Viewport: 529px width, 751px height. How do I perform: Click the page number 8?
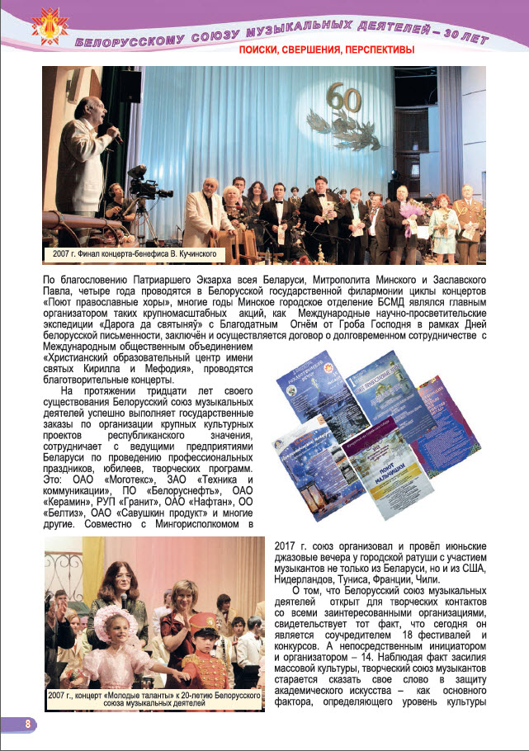coord(27,724)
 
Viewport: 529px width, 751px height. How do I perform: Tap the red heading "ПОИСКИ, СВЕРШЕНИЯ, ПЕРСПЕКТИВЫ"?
coord(326,50)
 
